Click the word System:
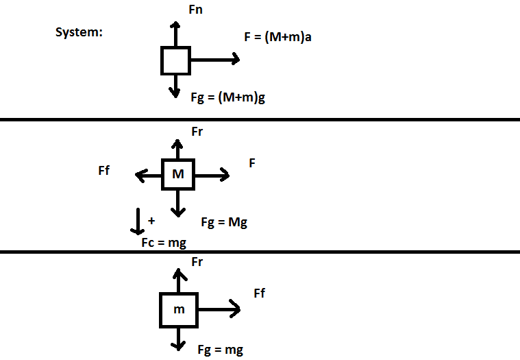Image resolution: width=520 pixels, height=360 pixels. click(x=79, y=32)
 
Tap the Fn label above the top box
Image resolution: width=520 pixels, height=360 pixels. click(x=195, y=10)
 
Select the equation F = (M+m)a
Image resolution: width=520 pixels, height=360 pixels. click(x=278, y=38)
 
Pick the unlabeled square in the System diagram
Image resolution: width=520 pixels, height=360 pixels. click(x=175, y=60)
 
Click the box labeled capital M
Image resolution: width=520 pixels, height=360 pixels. click(x=178, y=174)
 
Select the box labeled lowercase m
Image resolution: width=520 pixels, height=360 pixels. click(x=178, y=309)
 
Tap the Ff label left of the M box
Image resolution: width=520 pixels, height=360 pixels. click(x=104, y=171)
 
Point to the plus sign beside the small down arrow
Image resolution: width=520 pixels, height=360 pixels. click(x=151, y=221)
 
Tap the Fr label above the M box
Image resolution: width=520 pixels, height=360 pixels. click(x=197, y=130)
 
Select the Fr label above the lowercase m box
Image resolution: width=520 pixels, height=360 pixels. click(x=197, y=262)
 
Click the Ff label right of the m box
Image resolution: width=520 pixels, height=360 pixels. click(x=259, y=293)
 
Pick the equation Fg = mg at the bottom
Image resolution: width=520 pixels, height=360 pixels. click(x=220, y=350)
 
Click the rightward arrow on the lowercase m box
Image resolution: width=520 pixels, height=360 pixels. click(x=218, y=308)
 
